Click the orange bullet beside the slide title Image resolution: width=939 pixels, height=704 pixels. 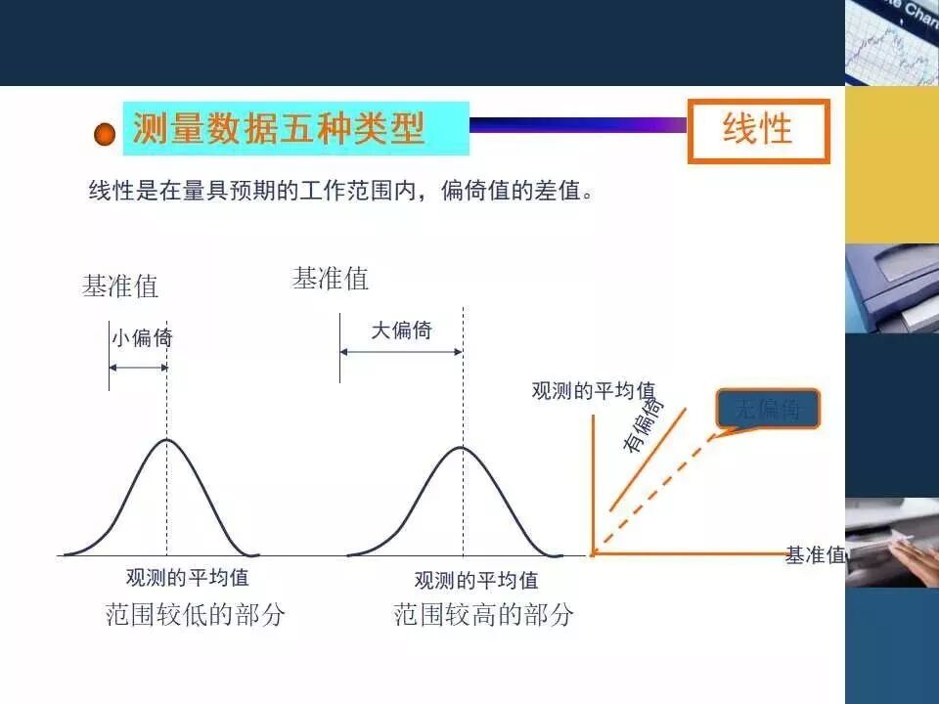[x=105, y=134]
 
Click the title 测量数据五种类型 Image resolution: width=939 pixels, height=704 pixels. [x=279, y=128]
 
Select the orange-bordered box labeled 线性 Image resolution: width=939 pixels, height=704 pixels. [x=758, y=130]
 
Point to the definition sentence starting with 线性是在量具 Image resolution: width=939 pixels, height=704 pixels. [x=341, y=191]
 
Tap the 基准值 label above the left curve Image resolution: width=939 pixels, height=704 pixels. [x=120, y=286]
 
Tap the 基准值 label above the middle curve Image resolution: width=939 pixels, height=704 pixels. [x=331, y=279]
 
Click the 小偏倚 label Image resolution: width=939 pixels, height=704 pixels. [x=142, y=338]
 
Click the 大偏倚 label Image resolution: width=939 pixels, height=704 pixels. [x=401, y=330]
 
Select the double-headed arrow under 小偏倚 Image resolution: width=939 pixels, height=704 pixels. [x=138, y=368]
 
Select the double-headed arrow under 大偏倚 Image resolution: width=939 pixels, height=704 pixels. [x=401, y=352]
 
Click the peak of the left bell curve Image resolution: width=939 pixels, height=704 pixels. [x=167, y=440]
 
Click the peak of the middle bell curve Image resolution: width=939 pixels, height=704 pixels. [x=462, y=448]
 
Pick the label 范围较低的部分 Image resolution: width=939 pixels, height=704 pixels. [x=196, y=615]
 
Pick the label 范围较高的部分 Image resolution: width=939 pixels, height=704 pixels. [x=484, y=615]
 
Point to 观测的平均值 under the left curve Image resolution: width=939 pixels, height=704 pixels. [x=188, y=578]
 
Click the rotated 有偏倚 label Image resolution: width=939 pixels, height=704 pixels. [x=643, y=423]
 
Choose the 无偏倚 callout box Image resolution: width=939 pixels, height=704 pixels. [x=768, y=410]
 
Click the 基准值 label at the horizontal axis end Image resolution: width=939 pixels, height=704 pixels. [x=815, y=555]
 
